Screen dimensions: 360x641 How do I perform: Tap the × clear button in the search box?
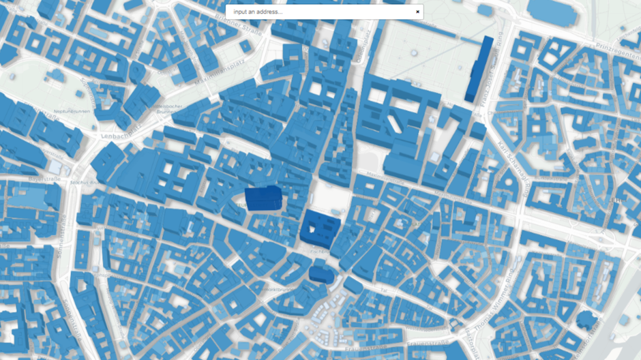(x=417, y=12)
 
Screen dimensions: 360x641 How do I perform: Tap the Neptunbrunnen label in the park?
(x=72, y=111)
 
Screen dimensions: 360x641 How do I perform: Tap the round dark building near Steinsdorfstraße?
(x=585, y=320)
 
